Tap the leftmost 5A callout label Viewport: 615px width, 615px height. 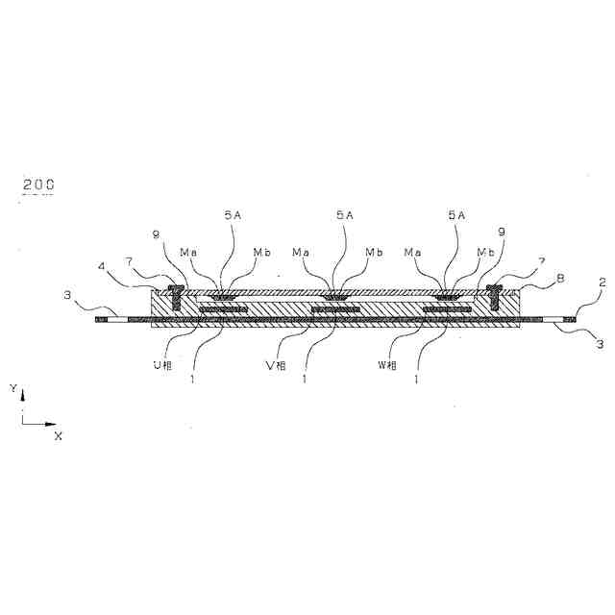234,217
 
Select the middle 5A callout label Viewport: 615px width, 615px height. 344,217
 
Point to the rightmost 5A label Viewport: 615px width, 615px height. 456,217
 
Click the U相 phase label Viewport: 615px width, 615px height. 166,365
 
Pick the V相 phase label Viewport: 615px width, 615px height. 276,365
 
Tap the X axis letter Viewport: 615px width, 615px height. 58,435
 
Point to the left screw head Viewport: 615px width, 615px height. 176,286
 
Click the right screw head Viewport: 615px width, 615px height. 496,286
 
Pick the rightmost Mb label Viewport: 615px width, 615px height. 485,252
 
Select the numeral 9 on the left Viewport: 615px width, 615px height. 156,233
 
